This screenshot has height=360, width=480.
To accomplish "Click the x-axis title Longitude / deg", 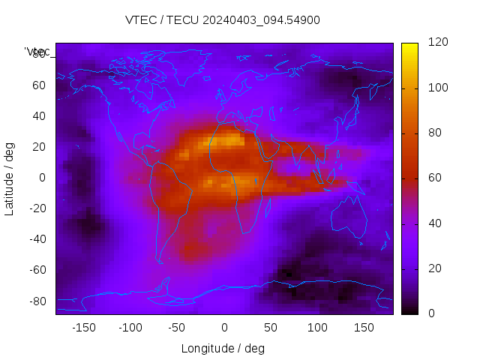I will coord(223,348).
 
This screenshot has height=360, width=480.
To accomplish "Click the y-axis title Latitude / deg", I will coord(10,177).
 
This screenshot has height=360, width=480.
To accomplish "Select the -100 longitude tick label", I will coord(130,328).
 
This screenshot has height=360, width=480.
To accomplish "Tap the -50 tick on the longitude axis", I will coord(177,328).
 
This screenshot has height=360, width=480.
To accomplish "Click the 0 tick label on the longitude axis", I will coord(223,328).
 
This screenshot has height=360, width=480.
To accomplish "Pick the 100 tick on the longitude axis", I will coord(317,328).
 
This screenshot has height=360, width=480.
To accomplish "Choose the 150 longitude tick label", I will coord(364,328).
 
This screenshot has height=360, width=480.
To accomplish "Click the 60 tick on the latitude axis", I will coord(39,85).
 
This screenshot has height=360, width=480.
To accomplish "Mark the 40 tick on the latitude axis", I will coord(39,115).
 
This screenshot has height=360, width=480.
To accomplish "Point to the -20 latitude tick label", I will coord(37,208).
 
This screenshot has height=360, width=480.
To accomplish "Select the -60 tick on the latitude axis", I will coord(37,270).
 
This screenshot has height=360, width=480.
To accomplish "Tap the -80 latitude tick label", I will coord(37,301).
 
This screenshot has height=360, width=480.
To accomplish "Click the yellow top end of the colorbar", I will coord(409,46).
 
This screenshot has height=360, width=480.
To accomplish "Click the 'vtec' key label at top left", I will coord(37,52).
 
